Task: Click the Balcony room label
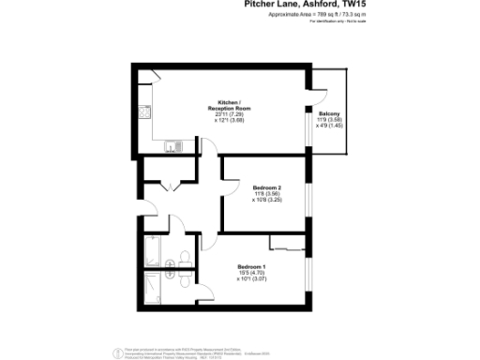coord(329,113)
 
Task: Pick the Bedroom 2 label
coord(266,188)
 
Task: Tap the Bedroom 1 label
coord(252,265)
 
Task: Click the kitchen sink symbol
coord(172,145)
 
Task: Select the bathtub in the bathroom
coord(154,251)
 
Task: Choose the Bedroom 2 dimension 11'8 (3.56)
coord(266,194)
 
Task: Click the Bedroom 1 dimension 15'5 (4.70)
coord(252,272)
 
